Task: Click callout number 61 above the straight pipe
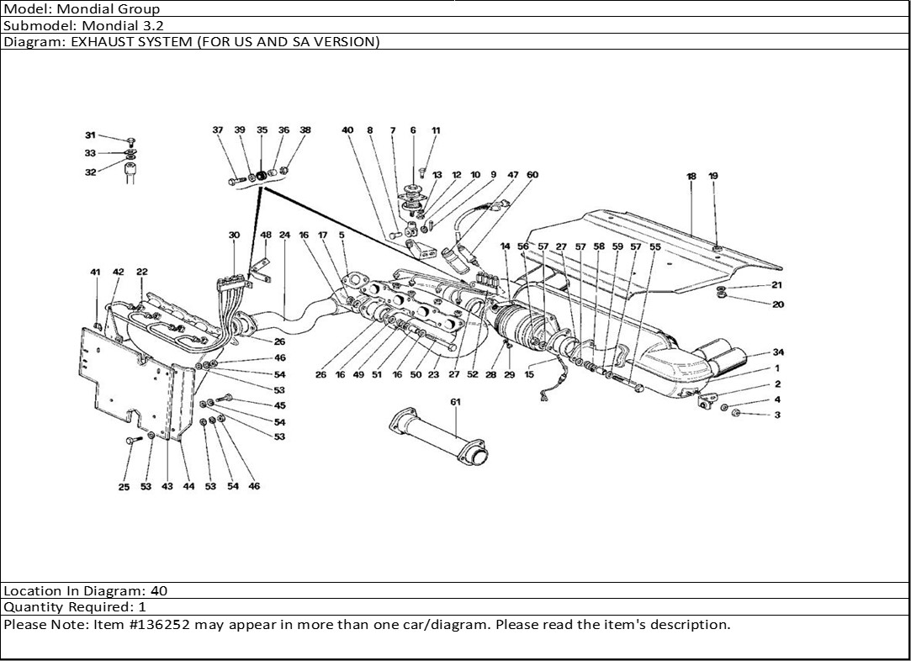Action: point(455,402)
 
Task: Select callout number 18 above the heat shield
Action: point(691,177)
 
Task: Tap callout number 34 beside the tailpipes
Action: point(778,352)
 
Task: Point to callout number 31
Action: point(90,135)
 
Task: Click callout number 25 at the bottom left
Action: point(124,487)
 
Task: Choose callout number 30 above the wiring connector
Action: point(234,235)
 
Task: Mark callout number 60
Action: point(532,175)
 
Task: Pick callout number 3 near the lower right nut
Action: point(777,415)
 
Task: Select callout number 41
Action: point(95,272)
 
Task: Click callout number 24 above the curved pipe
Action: point(284,235)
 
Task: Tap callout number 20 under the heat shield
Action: point(777,304)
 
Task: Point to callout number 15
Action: point(529,375)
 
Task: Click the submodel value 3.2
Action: point(153,25)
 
